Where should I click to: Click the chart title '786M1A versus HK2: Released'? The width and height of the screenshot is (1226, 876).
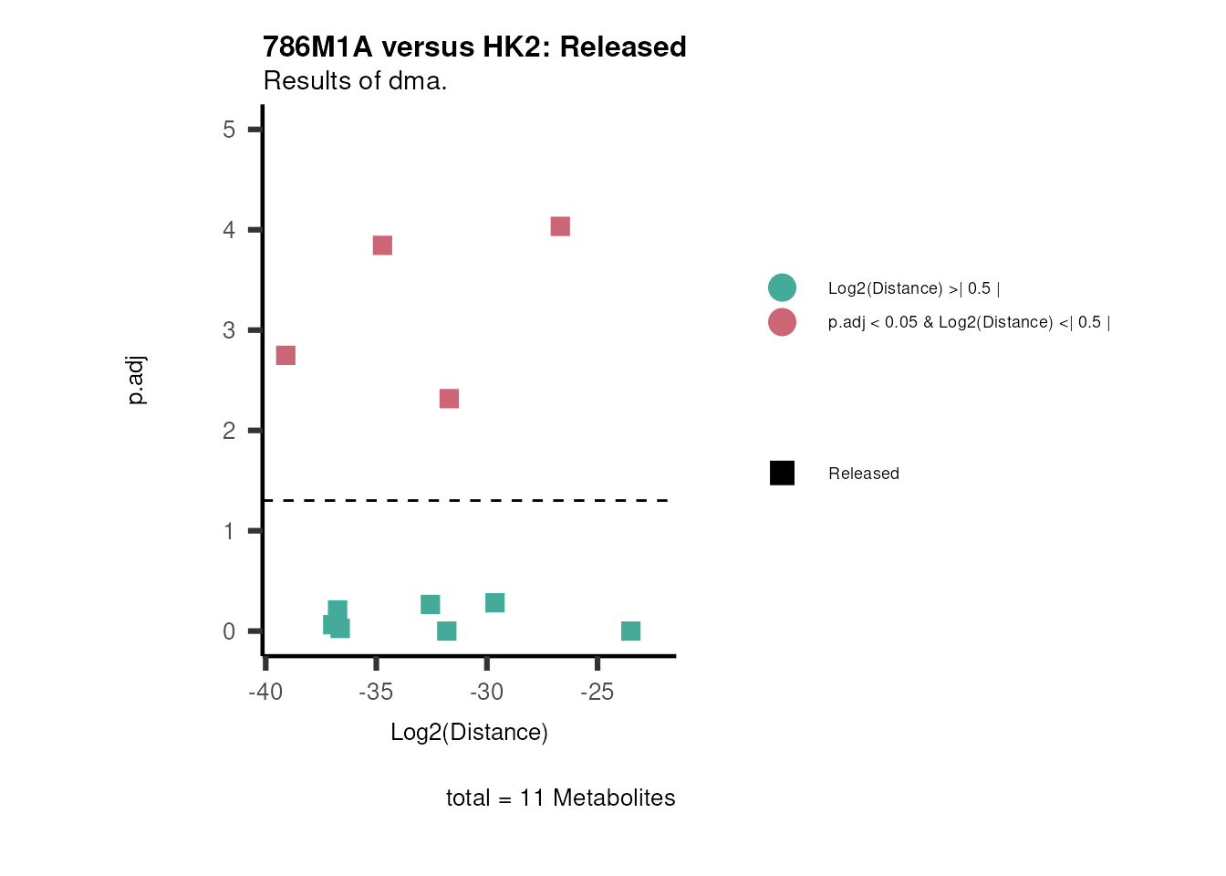[474, 47]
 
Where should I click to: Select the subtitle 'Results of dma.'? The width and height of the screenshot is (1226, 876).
[355, 81]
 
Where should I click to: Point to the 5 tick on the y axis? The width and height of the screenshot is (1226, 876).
[229, 130]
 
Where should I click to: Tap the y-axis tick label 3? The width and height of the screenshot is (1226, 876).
[229, 330]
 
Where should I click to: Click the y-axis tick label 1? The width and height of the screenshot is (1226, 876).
[229, 531]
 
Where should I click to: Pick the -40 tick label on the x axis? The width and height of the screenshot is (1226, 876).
[265, 693]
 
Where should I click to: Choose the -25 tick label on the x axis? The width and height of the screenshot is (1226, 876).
[597, 693]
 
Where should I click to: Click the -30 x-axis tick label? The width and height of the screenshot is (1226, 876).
[486, 693]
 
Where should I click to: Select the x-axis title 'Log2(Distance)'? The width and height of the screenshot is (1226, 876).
[469, 733]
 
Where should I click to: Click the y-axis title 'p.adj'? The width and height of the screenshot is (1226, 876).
[136, 381]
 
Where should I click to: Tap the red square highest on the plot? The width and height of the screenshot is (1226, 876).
[560, 226]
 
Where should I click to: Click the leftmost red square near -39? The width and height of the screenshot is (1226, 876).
[286, 355]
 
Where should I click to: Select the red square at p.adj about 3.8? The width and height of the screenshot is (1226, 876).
[382, 245]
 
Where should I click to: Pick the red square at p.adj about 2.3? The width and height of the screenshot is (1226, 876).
[449, 399]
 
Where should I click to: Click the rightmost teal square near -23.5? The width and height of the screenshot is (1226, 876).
[630, 631]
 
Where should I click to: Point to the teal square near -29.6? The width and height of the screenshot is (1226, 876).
[494, 603]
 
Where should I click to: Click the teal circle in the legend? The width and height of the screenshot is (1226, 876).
[782, 287]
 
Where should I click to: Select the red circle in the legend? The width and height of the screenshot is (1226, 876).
[782, 322]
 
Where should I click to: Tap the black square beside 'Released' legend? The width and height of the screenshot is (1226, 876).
[782, 473]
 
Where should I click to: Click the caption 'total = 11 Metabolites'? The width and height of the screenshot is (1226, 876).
[560, 798]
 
